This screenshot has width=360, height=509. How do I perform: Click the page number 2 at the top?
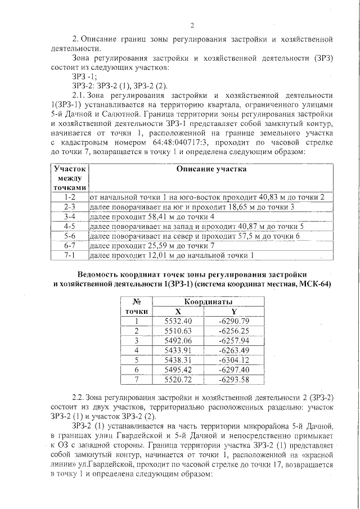click(192, 25)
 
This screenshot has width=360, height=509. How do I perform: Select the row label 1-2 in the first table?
click(70, 196)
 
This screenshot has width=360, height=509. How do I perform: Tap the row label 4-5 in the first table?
click(70, 226)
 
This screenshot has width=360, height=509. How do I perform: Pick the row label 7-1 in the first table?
click(70, 255)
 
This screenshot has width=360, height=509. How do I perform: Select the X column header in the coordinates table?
click(178, 311)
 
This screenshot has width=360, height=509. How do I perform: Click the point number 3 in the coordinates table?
click(136, 340)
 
